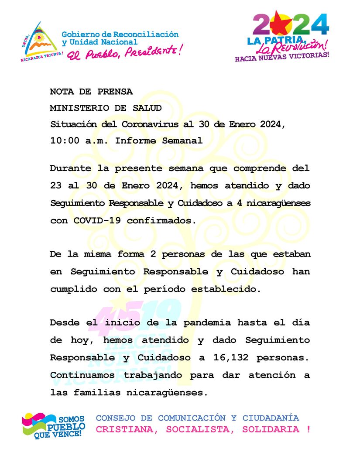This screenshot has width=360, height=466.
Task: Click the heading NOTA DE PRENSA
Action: (91, 92)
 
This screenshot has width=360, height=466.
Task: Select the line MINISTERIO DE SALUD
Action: (106, 108)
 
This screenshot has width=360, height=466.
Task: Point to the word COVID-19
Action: (96, 221)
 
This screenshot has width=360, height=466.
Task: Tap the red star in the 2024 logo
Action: (281, 24)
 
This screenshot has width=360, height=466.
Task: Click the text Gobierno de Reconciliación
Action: (120, 34)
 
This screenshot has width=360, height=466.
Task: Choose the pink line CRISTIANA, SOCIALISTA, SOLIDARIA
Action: (203, 429)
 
